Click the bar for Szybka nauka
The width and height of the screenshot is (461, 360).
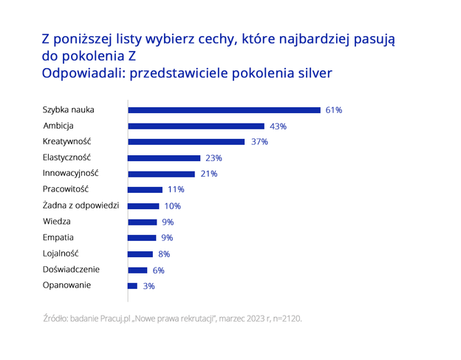coord(224,110)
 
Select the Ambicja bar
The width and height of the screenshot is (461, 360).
coord(196,126)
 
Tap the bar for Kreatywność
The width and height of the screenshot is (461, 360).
coord(186,142)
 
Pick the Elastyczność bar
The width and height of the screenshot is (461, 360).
coord(164,158)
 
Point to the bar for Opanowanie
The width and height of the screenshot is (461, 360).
coord(132,285)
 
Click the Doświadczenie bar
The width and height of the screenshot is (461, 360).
coord(137,270)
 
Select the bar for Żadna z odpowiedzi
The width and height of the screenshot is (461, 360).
coord(143,206)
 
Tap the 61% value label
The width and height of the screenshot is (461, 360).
coord(333,110)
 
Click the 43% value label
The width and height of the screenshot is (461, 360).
coord(278,126)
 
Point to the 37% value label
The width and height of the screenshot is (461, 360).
coord(259,142)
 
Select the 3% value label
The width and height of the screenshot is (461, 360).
coord(148,285)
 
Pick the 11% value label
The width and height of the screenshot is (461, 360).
coord(176,190)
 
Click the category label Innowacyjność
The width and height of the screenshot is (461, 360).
coord(70,173)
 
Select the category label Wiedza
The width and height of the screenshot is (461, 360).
coord(56,221)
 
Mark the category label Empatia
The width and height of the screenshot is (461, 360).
coord(58,237)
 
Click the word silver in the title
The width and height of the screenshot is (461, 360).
coord(311,73)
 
